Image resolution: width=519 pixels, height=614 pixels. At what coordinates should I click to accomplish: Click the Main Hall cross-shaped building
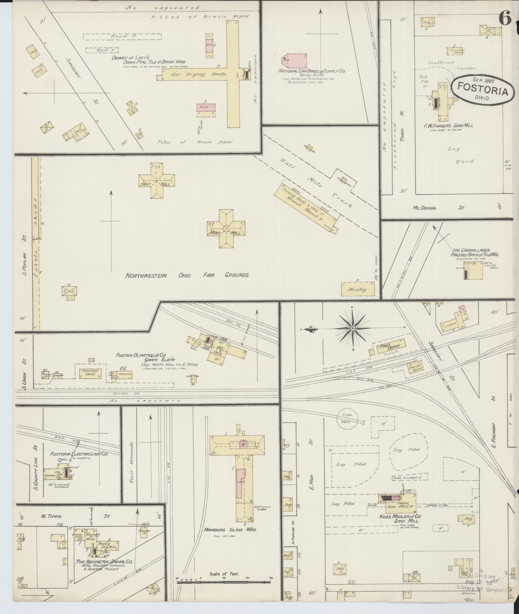pos(226,228)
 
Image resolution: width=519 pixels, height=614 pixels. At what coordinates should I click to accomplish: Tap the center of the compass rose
pos(353,328)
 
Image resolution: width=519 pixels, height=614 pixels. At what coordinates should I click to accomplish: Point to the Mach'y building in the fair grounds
pos(357,289)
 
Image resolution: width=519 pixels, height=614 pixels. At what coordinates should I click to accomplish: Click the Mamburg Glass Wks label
pos(230,530)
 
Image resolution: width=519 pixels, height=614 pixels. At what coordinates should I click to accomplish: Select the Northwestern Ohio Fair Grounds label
pos(187,275)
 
